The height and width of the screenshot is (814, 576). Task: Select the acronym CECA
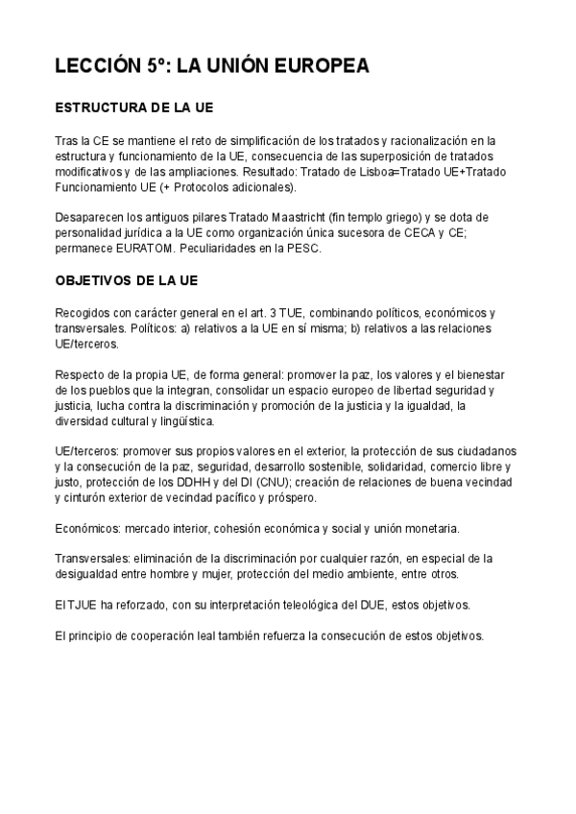pos(425,232)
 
